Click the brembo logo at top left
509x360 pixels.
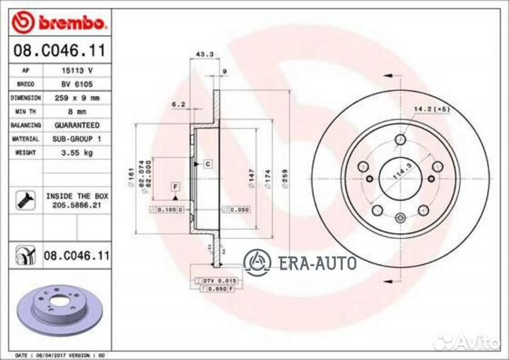pyautogui.click(x=60, y=23)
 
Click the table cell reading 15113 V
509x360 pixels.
pyautogui.click(x=77, y=71)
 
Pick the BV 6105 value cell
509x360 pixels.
pyautogui.click(x=77, y=84)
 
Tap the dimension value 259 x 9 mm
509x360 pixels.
pyautogui.click(x=77, y=98)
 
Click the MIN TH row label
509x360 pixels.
pyautogui.click(x=26, y=112)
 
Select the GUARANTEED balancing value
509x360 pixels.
pyautogui.click(x=77, y=125)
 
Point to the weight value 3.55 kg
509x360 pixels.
pyautogui.click(x=77, y=152)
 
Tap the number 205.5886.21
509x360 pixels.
pyautogui.click(x=77, y=204)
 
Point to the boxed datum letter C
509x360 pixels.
pyautogui.click(x=209, y=164)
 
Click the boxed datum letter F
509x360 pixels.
pyautogui.click(x=174, y=185)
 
